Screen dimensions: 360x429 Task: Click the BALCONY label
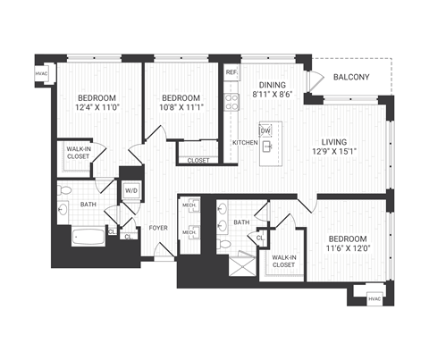(x=352, y=78)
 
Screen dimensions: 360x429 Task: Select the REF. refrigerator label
(x=231, y=71)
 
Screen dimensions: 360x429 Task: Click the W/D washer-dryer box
(x=130, y=191)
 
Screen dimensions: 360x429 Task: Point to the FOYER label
(x=158, y=227)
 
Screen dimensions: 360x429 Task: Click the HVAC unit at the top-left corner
(x=41, y=73)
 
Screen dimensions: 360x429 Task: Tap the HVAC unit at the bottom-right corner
(x=374, y=298)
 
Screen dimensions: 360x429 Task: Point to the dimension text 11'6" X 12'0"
(x=348, y=249)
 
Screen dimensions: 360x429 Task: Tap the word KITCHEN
(x=244, y=143)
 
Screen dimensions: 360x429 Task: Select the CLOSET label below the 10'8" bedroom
(x=198, y=160)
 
